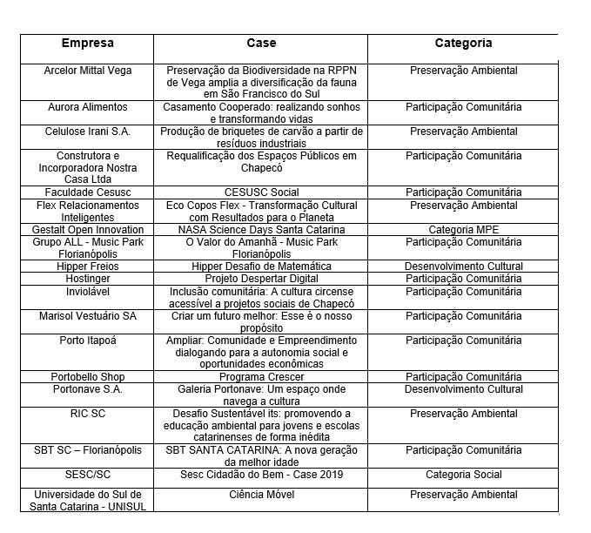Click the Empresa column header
[87, 43]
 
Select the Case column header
[259, 43]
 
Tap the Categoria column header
[463, 43]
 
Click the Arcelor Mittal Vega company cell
[88, 71]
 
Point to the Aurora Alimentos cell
[88, 107]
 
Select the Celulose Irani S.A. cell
[88, 132]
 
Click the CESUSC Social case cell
[261, 192]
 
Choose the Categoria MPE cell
[463, 229]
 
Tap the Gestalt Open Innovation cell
[88, 229]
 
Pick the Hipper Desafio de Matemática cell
[261, 266]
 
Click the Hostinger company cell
[88, 278]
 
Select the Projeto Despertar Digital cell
[261, 278]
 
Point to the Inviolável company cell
[88, 291]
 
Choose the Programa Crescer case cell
[261, 377]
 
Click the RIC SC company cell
[88, 414]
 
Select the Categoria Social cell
[463, 475]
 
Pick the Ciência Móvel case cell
[261, 494]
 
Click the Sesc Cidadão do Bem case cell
[261, 475]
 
